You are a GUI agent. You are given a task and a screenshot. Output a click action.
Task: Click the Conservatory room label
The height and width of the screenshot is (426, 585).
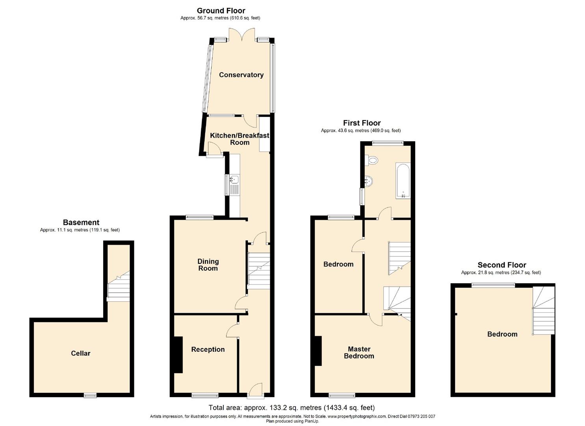tap(241, 75)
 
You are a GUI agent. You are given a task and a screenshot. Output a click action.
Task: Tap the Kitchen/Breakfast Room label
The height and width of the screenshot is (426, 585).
tap(240, 139)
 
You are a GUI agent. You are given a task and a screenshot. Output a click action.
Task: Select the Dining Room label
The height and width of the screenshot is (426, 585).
tap(208, 265)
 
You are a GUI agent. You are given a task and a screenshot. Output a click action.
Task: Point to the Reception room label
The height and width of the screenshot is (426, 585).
tap(208, 349)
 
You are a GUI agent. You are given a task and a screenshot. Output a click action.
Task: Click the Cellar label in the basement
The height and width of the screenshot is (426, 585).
tap(80, 353)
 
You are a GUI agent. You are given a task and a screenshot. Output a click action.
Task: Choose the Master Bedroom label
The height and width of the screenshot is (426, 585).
tap(359, 352)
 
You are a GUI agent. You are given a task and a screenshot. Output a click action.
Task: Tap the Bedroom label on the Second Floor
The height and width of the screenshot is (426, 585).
tap(502, 334)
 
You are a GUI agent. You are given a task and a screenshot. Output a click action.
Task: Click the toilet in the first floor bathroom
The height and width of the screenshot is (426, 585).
tap(371, 161)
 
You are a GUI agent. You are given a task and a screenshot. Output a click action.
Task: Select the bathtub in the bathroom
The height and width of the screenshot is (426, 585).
tap(403, 181)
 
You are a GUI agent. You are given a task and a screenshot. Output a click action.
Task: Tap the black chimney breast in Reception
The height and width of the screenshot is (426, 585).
tap(178, 355)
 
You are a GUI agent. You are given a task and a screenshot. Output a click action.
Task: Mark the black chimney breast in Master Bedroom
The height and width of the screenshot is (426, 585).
tap(318, 351)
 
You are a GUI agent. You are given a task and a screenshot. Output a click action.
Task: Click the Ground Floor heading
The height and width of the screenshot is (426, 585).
tap(221, 11)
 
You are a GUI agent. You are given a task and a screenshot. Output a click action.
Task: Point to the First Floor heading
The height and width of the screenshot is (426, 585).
tap(362, 123)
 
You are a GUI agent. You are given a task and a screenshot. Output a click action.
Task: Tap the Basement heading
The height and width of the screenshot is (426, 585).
tap(81, 222)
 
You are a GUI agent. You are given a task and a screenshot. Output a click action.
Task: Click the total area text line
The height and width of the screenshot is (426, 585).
tap(292, 407)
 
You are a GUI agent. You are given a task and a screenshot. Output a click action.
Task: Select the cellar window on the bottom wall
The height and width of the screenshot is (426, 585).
tap(90, 395)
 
